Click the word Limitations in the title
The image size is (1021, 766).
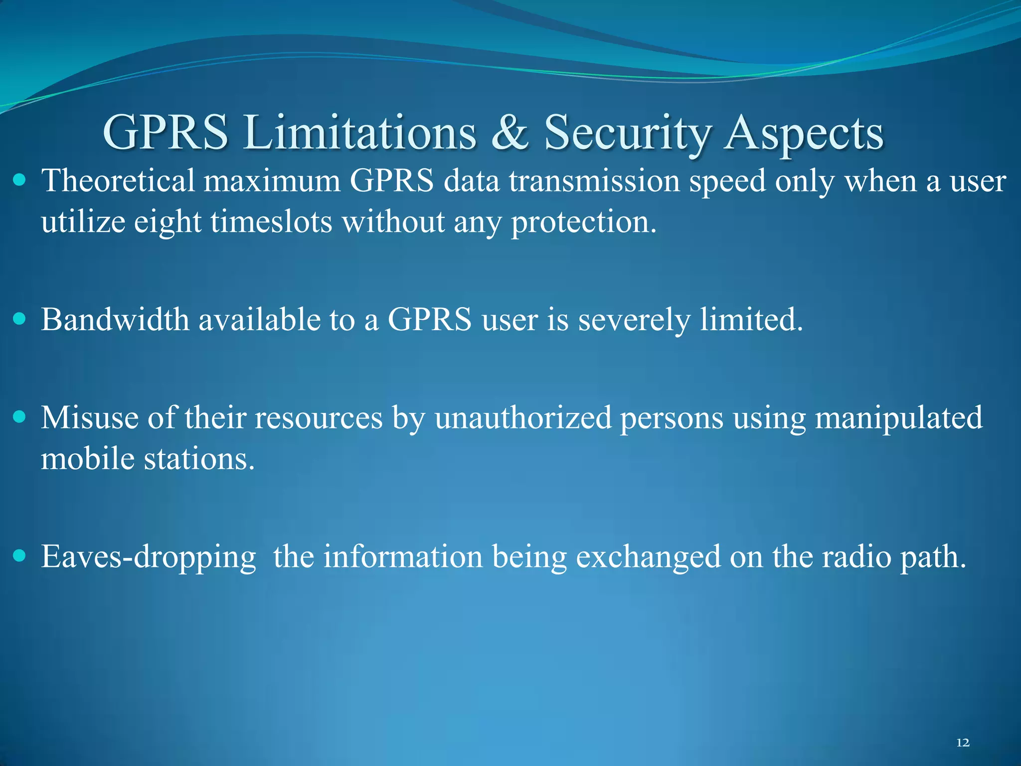click(359, 133)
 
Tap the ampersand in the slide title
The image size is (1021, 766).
click(510, 133)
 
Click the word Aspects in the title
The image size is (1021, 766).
click(804, 133)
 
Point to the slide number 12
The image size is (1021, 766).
click(963, 743)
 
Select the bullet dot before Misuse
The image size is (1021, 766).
click(19, 416)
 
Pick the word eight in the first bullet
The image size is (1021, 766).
click(168, 222)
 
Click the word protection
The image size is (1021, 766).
click(584, 222)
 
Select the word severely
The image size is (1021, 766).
click(634, 320)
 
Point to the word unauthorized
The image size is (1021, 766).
click(523, 417)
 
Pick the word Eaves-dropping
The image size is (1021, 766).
click(149, 557)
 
